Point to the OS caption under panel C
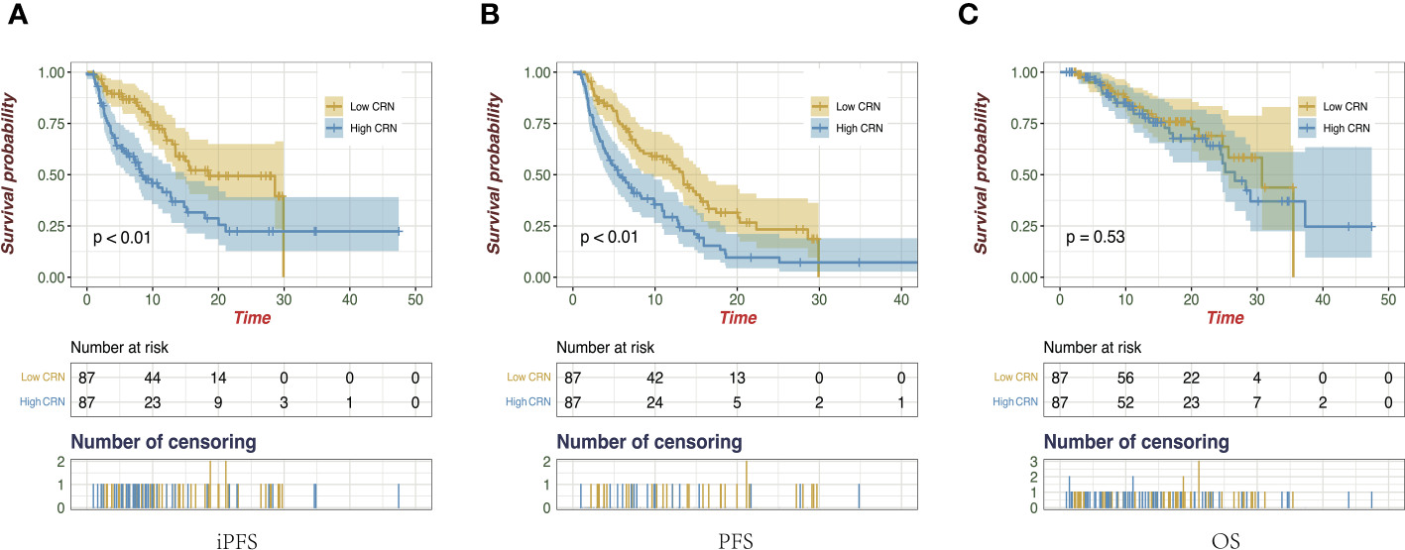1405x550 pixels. pos(1225,541)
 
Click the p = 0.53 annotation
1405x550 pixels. pos(1095,238)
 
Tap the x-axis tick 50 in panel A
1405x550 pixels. pos(415,298)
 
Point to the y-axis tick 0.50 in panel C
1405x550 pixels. pos(1026,174)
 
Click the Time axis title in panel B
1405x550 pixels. pos(738,318)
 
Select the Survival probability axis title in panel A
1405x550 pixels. pos(9,174)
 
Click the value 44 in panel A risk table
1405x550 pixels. pos(152,378)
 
